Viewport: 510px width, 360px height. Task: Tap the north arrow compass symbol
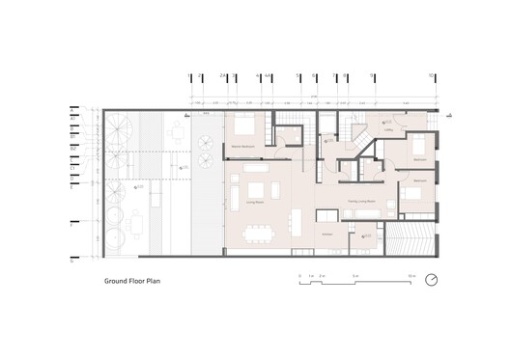click(431, 281)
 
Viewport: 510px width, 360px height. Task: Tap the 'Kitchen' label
click(326, 235)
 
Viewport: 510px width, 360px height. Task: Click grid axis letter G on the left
click(72, 260)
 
